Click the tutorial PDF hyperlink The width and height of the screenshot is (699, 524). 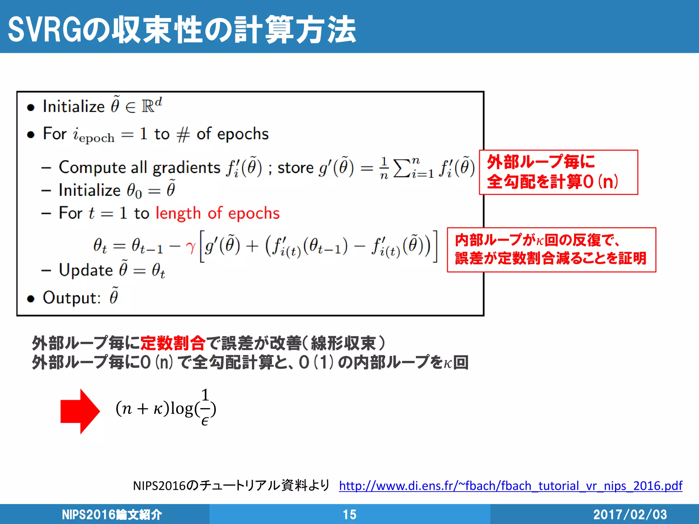click(511, 485)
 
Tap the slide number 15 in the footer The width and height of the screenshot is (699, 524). click(349, 514)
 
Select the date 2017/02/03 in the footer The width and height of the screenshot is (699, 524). click(630, 514)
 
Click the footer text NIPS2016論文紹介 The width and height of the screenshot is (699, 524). click(112, 514)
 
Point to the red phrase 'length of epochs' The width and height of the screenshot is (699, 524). click(217, 213)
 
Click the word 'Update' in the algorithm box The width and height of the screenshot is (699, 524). click(86, 270)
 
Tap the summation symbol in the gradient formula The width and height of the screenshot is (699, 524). click(402, 168)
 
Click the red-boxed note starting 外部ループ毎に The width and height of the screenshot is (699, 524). click(558, 172)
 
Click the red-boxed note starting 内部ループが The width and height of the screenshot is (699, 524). click(551, 250)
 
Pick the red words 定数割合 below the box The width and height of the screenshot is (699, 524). click(173, 343)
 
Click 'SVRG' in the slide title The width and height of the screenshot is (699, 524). click(45, 30)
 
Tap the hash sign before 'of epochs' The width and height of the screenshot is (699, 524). click(183, 134)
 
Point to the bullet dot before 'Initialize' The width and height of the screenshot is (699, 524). click(31, 108)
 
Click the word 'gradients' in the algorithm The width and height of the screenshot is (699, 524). click(186, 168)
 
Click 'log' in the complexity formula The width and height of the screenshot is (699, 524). click(182, 409)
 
